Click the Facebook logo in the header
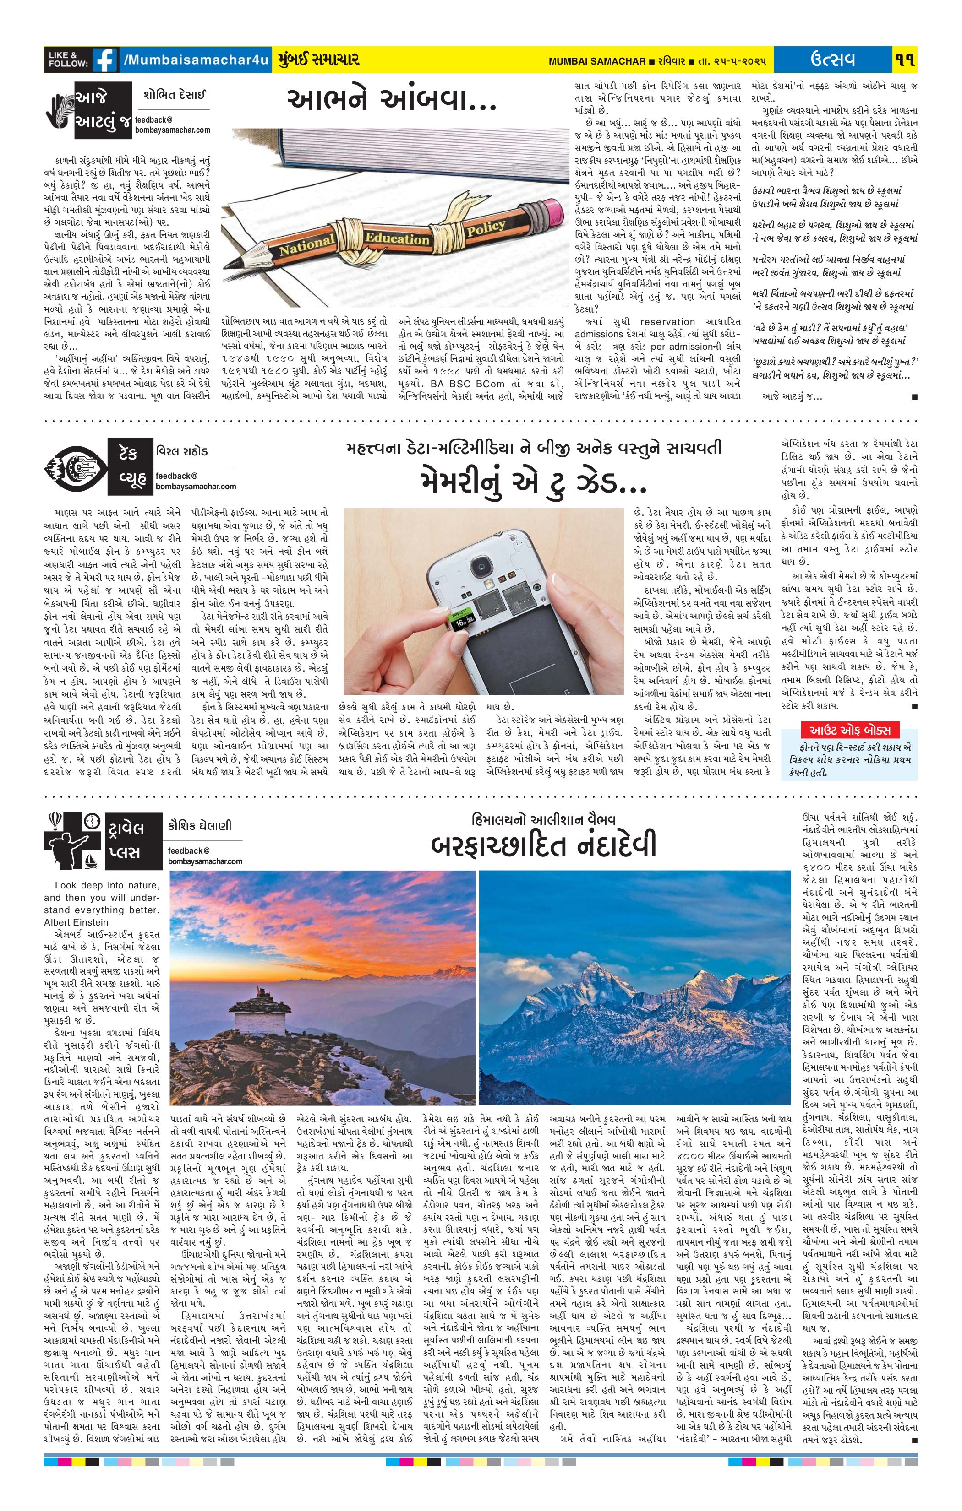tap(105, 61)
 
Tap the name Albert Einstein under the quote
tap(77, 922)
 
